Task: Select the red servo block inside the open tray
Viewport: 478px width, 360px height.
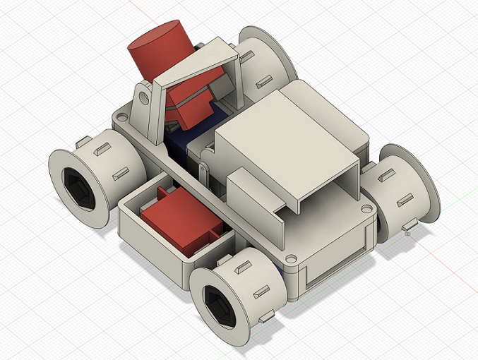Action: (181, 224)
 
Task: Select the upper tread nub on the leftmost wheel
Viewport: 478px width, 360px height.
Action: (102, 148)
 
